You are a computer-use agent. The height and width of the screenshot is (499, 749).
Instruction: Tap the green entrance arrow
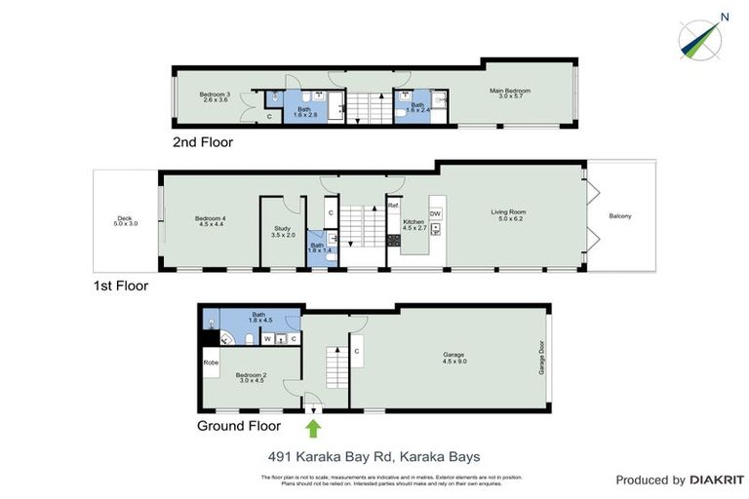(x=313, y=428)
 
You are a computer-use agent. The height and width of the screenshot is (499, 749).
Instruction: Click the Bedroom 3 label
(x=214, y=96)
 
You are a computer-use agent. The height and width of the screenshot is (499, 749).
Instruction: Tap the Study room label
(x=283, y=233)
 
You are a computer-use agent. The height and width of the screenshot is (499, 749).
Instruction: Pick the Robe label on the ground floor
(x=211, y=363)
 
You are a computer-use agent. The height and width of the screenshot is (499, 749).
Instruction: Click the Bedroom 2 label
(x=251, y=377)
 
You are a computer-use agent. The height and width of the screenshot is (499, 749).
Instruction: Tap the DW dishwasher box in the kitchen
(x=435, y=213)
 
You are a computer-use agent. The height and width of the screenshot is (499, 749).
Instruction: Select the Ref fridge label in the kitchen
(x=393, y=207)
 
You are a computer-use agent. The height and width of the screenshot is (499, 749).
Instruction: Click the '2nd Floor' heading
(x=203, y=141)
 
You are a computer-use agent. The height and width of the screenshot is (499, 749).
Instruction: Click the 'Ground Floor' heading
(x=239, y=426)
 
